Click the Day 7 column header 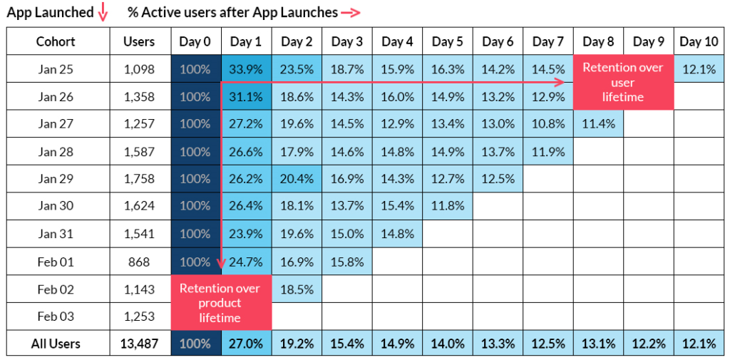pyautogui.click(x=548, y=42)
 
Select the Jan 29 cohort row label pyautogui.click(x=58, y=179)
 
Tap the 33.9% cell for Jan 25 pyautogui.click(x=246, y=69)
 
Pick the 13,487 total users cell pyautogui.click(x=139, y=344)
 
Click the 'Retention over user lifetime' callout pyautogui.click(x=623, y=82)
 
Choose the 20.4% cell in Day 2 pyautogui.click(x=297, y=179)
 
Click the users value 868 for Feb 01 pyautogui.click(x=139, y=262)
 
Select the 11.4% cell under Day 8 pyautogui.click(x=598, y=124)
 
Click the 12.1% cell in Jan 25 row pyautogui.click(x=698, y=69)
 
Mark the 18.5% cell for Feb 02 pyautogui.click(x=297, y=289)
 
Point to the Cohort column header pyautogui.click(x=58, y=42)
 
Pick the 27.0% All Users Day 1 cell pyautogui.click(x=246, y=344)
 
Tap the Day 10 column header pyautogui.click(x=698, y=42)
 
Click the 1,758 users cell pyautogui.click(x=139, y=179)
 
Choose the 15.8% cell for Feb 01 pyautogui.click(x=347, y=262)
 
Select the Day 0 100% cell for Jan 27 pyautogui.click(x=195, y=124)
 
